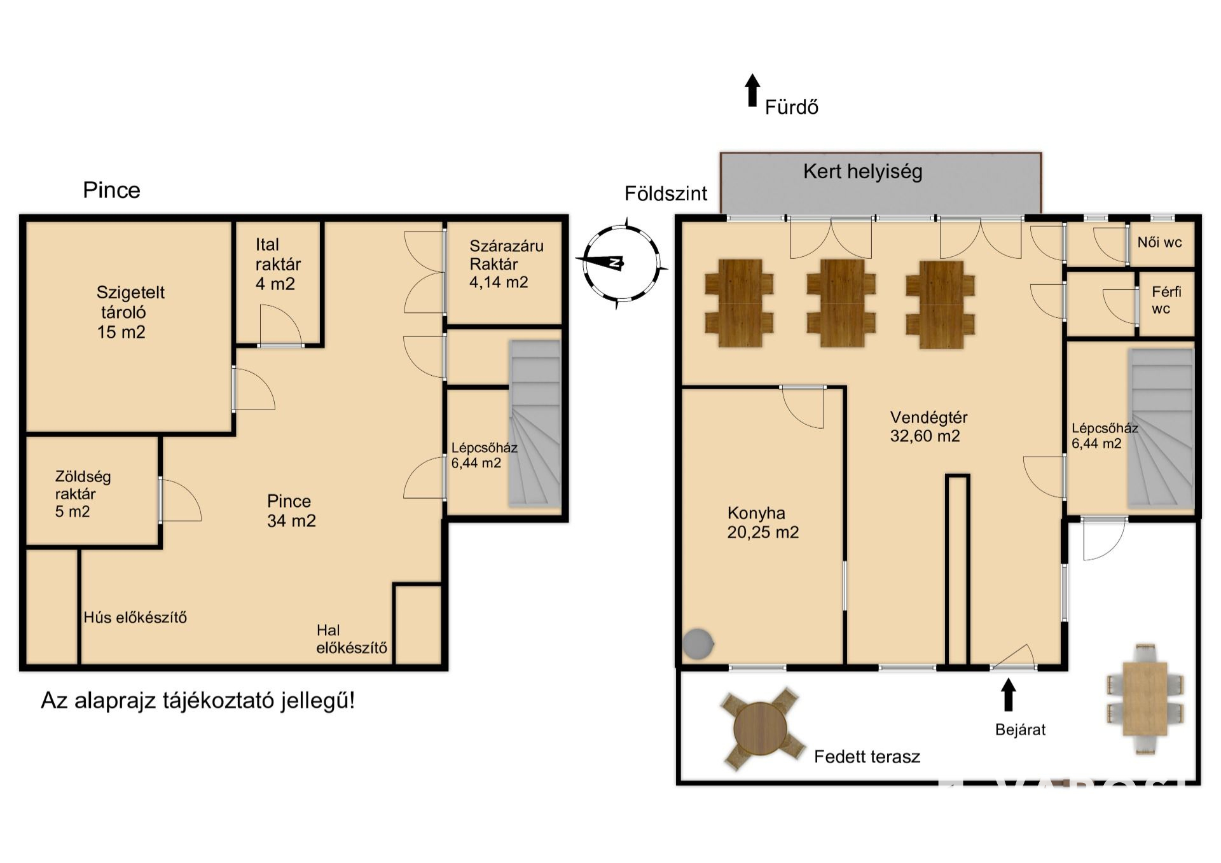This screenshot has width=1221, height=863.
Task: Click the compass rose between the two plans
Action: click(621, 263)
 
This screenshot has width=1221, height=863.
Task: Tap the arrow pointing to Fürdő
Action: click(752, 90)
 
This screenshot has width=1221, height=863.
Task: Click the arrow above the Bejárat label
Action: click(1008, 694)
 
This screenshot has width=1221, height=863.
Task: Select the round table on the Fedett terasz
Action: click(760, 728)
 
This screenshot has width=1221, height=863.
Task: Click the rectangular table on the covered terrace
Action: click(1145, 699)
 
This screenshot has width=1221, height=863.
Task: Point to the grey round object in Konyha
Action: click(698, 644)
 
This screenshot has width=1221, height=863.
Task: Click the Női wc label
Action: click(1159, 242)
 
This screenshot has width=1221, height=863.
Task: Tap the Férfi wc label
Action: click(1166, 300)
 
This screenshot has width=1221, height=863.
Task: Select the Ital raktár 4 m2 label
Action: click(278, 264)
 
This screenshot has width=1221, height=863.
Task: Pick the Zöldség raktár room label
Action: click(83, 494)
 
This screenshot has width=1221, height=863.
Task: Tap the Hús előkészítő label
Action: click(135, 617)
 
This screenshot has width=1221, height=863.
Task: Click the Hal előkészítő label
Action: click(352, 639)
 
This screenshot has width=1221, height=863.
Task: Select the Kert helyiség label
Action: click(862, 172)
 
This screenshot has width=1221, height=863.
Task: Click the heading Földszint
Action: click(665, 193)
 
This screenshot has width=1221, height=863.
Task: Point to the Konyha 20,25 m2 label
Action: click(762, 522)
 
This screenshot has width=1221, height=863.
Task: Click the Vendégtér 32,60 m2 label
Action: click(928, 427)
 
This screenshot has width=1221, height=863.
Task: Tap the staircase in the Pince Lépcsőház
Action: click(534, 424)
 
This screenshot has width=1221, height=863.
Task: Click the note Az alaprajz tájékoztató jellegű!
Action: click(198, 701)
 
